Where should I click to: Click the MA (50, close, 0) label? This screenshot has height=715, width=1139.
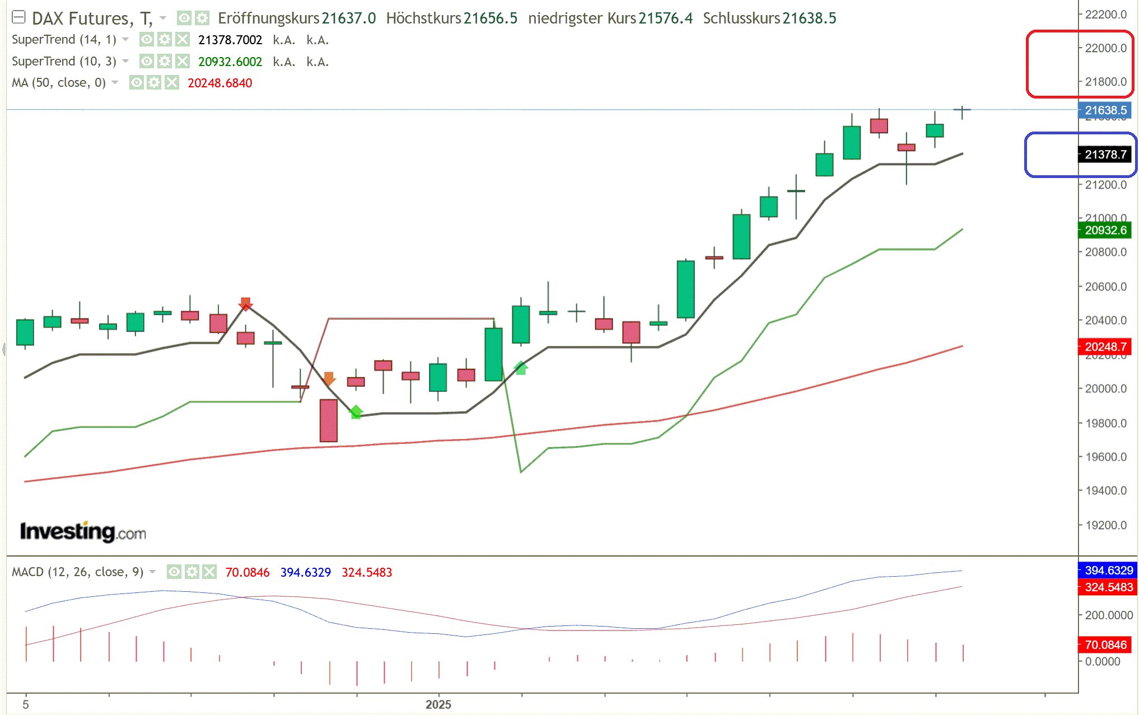click(59, 83)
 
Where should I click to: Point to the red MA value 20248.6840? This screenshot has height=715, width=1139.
click(220, 83)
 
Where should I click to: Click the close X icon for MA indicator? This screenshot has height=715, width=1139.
click(172, 83)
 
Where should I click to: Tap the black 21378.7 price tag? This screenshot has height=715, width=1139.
click(1105, 155)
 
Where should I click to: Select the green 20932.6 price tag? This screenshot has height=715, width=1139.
click(1105, 230)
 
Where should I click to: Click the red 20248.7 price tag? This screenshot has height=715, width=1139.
click(1105, 347)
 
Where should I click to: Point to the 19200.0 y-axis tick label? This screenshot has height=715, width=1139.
click(1105, 525)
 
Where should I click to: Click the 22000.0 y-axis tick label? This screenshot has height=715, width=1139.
click(1105, 48)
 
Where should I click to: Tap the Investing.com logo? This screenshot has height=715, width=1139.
click(83, 532)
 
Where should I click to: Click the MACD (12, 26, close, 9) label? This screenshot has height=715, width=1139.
click(78, 572)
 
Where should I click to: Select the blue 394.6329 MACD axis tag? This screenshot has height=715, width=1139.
click(1108, 570)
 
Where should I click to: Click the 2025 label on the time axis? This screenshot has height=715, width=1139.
click(438, 704)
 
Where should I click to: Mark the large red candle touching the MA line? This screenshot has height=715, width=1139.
click(329, 420)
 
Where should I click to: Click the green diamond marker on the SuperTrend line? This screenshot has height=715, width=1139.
click(356, 412)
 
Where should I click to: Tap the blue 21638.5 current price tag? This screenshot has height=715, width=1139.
click(1105, 110)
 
